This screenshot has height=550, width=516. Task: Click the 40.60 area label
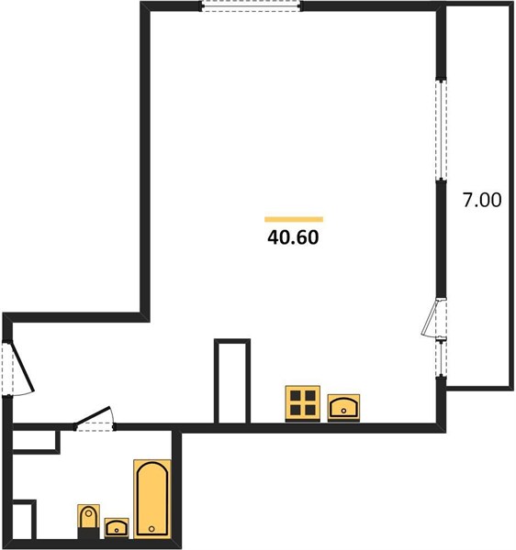click(x=293, y=237)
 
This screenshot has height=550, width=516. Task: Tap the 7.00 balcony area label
click(x=482, y=200)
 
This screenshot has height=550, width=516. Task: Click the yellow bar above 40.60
click(x=294, y=220)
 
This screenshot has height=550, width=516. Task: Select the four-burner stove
click(x=302, y=403)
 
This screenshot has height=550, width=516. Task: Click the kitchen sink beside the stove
click(x=343, y=407)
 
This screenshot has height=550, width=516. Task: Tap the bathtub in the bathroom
click(x=152, y=499)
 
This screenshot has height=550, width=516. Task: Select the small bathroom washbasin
click(x=117, y=528)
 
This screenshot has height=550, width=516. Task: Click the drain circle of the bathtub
click(x=151, y=529)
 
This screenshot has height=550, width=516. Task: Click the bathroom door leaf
click(x=93, y=415)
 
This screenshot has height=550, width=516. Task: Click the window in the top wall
click(x=252, y=6)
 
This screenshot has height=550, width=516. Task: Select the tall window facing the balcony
click(x=442, y=130)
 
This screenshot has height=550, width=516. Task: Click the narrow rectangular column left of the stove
click(x=232, y=381)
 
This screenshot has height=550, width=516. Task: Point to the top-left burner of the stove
click(x=295, y=396)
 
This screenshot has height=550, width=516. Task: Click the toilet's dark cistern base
click(x=88, y=533)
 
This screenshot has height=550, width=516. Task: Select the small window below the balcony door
click(x=442, y=357)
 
